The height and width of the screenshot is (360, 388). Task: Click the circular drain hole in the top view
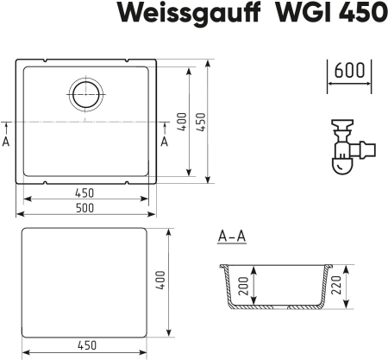pyautogui.click(x=84, y=94)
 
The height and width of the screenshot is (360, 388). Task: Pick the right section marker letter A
pyautogui.click(x=165, y=141)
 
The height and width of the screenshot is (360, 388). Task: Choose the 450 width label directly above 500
pyautogui.click(x=84, y=192)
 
